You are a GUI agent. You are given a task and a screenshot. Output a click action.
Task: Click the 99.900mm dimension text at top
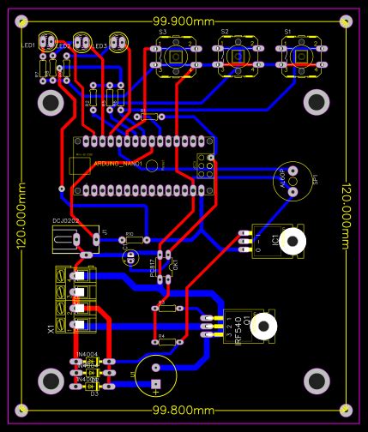(x=184, y=21)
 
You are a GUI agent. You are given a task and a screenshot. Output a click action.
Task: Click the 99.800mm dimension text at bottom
(x=184, y=411)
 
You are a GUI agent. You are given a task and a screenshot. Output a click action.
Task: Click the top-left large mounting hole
(x=51, y=104)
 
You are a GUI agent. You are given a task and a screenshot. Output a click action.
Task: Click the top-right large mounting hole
(x=317, y=104)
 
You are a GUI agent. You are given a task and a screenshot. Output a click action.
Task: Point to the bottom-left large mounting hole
(x=51, y=378)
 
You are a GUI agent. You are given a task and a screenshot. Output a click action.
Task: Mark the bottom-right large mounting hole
(x=317, y=378)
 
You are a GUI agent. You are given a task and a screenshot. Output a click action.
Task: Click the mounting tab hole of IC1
(x=293, y=243)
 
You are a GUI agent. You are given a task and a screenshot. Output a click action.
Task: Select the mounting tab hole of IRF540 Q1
(x=264, y=325)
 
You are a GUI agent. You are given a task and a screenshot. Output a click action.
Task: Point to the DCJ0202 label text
(x=66, y=221)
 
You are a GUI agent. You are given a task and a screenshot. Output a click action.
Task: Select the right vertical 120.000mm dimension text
(x=347, y=216)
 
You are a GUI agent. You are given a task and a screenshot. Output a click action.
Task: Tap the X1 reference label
(x=51, y=328)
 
